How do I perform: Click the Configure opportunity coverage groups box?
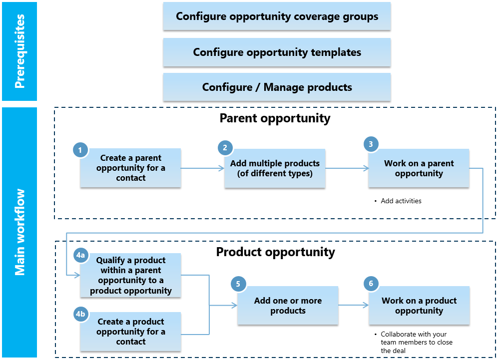[277, 16]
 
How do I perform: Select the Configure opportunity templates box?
[277, 52]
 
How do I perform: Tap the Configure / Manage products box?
[277, 87]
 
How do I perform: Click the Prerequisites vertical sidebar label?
[19, 51]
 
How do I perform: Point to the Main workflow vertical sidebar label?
[19, 232]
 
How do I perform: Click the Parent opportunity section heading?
[275, 118]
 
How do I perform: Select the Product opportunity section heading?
[275, 252]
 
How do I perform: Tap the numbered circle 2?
[225, 148]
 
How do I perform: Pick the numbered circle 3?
[371, 144]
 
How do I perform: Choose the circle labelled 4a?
[80, 256]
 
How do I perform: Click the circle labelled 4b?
[80, 314]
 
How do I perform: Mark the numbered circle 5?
[238, 284]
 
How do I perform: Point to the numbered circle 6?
[371, 284]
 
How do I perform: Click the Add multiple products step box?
[275, 168]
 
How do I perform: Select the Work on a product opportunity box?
[419, 306]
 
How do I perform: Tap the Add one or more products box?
[288, 306]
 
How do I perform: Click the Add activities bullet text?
[401, 201]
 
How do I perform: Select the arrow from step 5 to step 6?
[353, 305]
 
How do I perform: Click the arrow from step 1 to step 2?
[202, 169]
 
